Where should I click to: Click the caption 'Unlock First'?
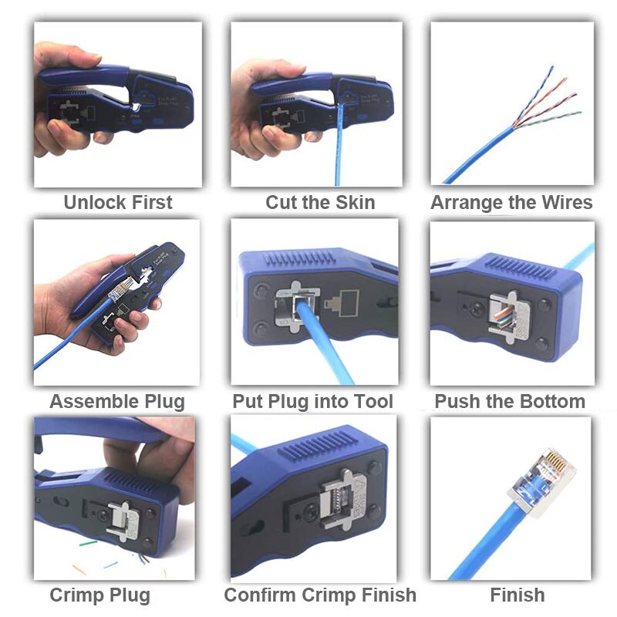tap(117, 203)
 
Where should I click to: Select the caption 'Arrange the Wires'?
tap(511, 203)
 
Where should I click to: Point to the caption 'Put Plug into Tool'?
tap(312, 402)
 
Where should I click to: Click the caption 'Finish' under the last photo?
tap(517, 595)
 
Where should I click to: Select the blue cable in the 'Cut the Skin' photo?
tap(338, 150)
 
